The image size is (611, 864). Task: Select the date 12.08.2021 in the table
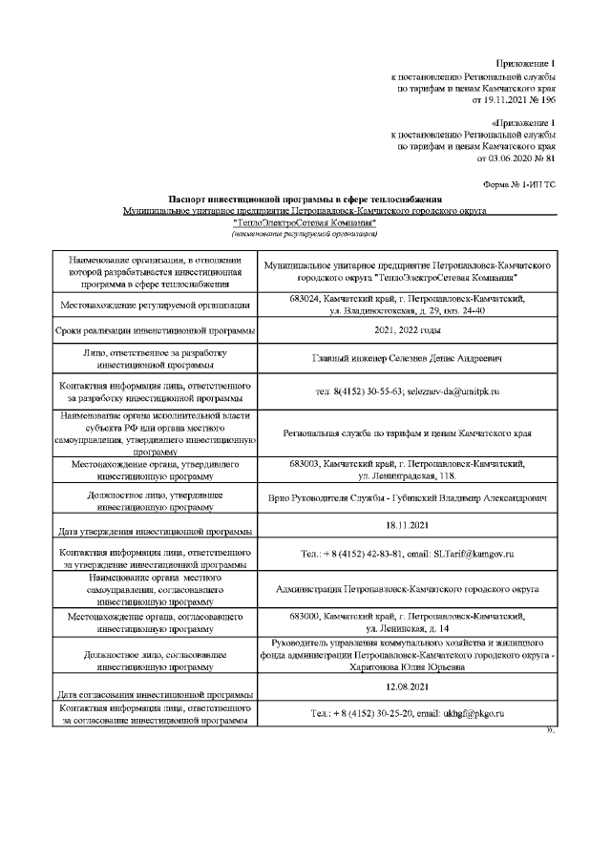click(408, 685)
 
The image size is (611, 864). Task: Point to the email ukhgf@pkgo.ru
click(472, 713)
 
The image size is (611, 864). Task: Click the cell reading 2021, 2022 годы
click(408, 330)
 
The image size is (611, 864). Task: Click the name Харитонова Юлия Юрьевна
click(408, 669)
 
